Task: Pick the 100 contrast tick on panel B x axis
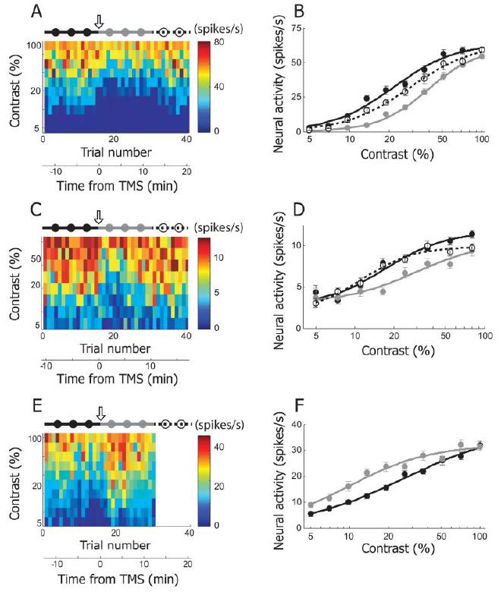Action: tap(480, 141)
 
